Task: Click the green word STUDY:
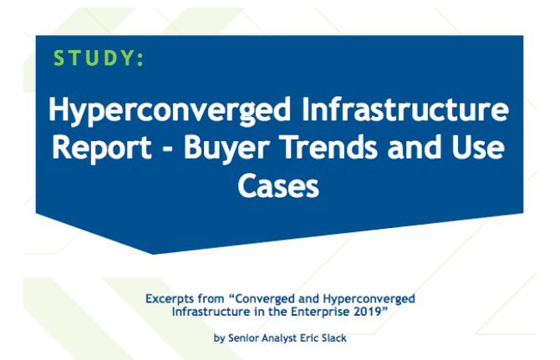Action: click(x=99, y=58)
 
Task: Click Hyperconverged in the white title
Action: click(x=170, y=110)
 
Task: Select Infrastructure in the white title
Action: click(x=405, y=109)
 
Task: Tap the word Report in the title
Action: click(x=103, y=148)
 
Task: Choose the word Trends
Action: click(x=330, y=147)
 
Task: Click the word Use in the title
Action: click(x=478, y=147)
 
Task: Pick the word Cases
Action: click(x=278, y=185)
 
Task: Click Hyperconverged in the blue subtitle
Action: click(x=369, y=299)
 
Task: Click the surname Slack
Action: click(x=334, y=337)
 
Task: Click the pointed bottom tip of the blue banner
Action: click(x=154, y=254)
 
